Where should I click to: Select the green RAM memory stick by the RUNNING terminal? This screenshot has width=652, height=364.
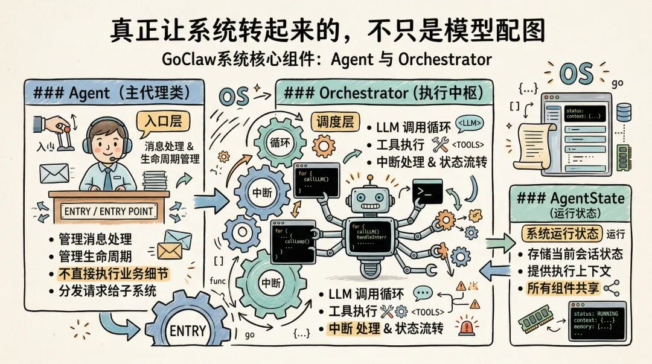point(537,318)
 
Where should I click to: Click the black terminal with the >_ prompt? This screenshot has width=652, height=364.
point(427,191)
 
